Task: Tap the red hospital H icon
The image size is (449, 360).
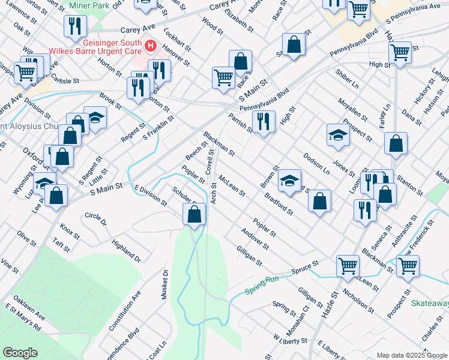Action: pos(150,45)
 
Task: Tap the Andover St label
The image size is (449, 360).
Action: pos(255,239)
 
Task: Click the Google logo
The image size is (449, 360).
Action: pos(20,352)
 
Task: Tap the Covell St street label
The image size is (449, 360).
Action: pos(211,162)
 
